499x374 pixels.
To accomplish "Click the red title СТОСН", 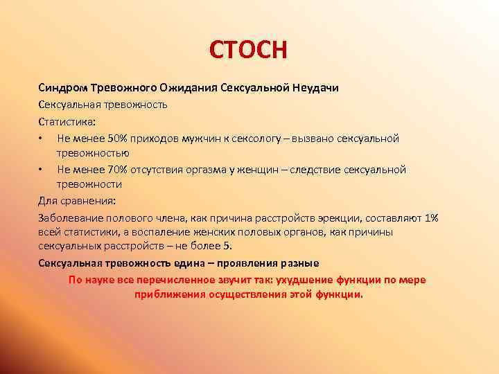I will (248, 51).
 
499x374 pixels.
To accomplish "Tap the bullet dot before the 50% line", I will (42, 139).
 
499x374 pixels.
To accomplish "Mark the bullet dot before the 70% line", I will (42, 170).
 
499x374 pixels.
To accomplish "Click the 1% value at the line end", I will (431, 217).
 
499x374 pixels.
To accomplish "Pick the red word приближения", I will (168, 294).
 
